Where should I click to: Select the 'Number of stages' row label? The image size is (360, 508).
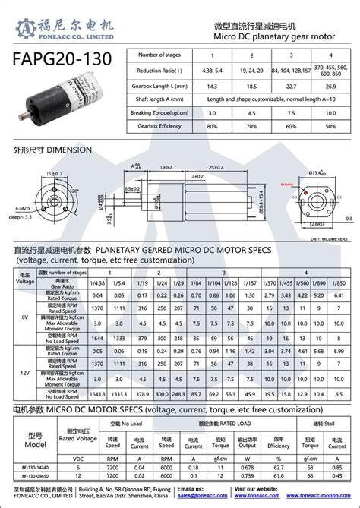click(164, 55)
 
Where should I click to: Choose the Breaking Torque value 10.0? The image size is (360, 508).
click(331, 112)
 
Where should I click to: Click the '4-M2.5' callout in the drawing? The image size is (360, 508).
click(23, 208)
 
